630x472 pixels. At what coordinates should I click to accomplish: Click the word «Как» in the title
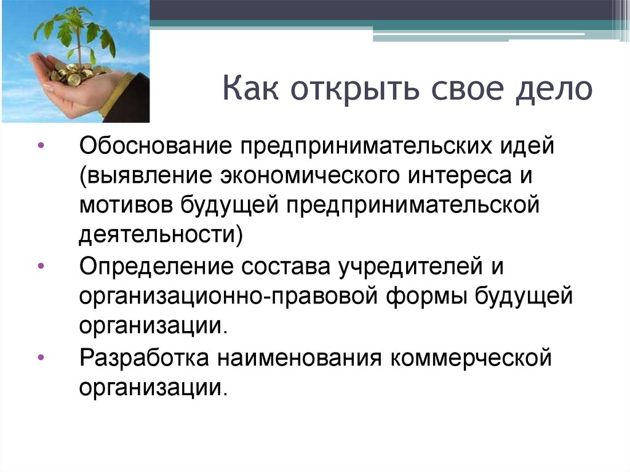[250, 87]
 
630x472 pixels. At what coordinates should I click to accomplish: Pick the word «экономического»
[309, 176]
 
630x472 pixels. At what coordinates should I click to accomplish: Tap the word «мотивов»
[126, 205]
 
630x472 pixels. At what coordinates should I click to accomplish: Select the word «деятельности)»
[161, 234]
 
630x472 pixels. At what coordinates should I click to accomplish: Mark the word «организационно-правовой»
[229, 297]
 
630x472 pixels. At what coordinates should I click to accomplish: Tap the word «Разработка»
[144, 358]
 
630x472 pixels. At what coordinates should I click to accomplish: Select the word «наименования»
[300, 358]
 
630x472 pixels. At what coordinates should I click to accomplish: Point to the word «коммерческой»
[471, 358]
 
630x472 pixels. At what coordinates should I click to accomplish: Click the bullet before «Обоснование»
[41, 146]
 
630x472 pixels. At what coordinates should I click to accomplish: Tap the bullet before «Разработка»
[41, 358]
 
